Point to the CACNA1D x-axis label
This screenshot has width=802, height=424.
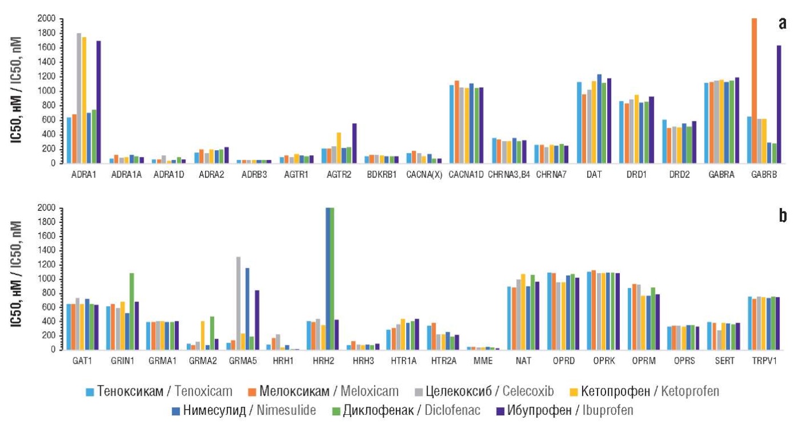[x=466, y=175]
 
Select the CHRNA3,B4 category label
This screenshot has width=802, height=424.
[x=509, y=175]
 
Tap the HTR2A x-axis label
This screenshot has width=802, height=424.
[x=438, y=362]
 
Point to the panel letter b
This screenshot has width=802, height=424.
[x=783, y=215]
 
